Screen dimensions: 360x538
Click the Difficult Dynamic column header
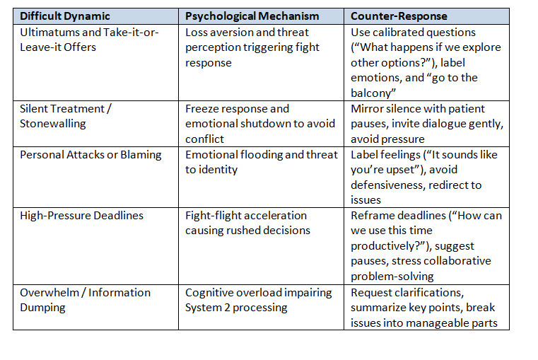click(x=65, y=16)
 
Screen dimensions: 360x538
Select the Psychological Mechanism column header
click(x=252, y=16)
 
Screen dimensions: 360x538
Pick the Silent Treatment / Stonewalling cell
click(x=66, y=116)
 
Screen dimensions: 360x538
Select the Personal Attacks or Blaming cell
click(x=90, y=154)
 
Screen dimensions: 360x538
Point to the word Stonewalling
click(x=53, y=123)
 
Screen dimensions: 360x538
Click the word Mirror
click(x=368, y=109)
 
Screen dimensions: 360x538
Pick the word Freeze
click(x=202, y=109)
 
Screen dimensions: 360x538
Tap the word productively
click(x=390, y=246)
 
